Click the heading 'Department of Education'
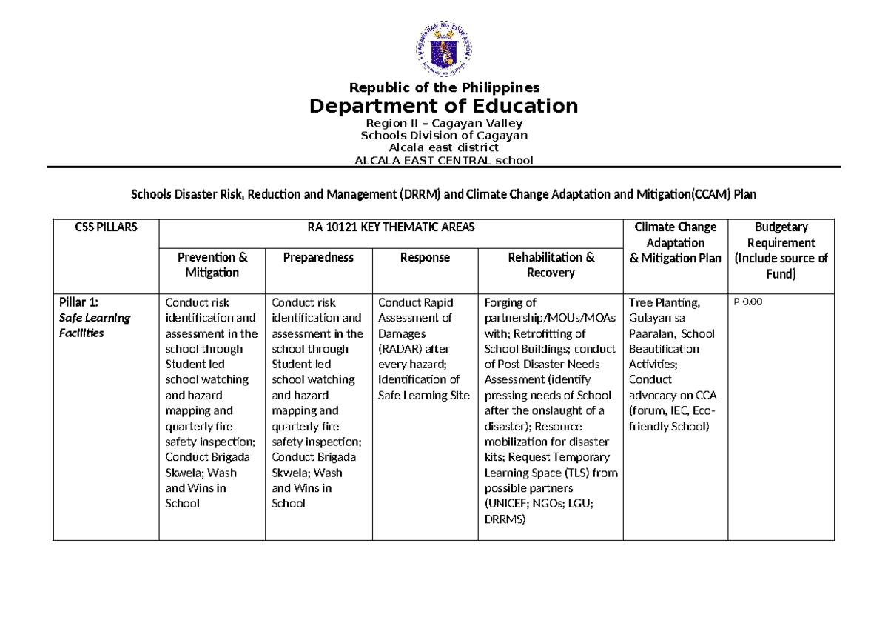[x=443, y=106]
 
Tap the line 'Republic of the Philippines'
[x=444, y=87]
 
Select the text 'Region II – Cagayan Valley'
[x=444, y=123]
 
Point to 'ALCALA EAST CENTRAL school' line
[x=444, y=160]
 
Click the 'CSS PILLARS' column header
[x=106, y=227]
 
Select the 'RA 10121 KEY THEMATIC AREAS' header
[x=391, y=227]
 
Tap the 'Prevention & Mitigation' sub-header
[x=212, y=264]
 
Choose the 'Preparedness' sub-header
[x=318, y=257]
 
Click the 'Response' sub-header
[x=425, y=257]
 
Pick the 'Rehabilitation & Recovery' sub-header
[x=551, y=264]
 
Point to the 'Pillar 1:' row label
[x=78, y=302]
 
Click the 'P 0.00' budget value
[x=747, y=302]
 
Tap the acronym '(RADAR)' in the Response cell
[x=400, y=349]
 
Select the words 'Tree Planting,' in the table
[x=664, y=302]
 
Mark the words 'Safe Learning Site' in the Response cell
[x=424, y=395]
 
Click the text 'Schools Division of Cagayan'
[x=444, y=136]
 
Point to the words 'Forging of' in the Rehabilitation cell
[x=510, y=302]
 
